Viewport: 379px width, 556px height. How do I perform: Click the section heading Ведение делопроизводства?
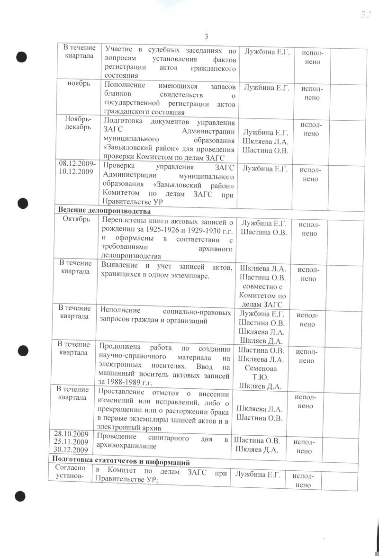104,210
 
